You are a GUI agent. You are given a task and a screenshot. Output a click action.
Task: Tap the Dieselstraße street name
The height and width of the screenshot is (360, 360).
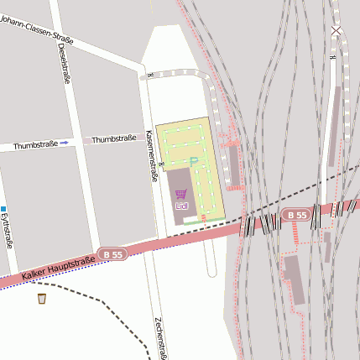(64, 64)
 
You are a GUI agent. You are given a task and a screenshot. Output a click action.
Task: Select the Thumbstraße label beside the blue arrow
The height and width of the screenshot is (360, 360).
(35, 144)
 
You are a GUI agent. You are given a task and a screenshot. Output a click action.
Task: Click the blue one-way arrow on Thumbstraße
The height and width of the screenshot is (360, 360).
(64, 143)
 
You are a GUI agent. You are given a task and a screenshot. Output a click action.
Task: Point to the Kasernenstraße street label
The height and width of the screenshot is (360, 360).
(152, 157)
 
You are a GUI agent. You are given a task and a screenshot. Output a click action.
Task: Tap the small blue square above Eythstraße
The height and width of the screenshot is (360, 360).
(3, 209)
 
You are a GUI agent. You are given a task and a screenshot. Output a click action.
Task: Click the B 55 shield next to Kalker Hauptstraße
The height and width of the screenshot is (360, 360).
(112, 253)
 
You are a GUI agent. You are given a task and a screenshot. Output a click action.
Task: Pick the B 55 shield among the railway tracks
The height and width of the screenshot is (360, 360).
(295, 216)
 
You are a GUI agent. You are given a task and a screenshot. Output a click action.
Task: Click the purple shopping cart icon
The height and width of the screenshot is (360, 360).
(181, 193)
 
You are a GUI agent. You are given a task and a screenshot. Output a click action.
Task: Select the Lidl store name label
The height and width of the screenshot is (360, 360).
(181, 206)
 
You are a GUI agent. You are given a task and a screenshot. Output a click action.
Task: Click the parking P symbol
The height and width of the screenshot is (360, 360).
(194, 161)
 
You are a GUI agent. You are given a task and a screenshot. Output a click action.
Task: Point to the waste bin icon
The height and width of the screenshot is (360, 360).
(42, 298)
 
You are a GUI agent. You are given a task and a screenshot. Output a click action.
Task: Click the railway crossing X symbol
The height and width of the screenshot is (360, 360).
(336, 31)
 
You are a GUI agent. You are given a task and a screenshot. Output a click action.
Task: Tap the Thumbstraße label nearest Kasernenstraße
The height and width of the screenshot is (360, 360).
(113, 138)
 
